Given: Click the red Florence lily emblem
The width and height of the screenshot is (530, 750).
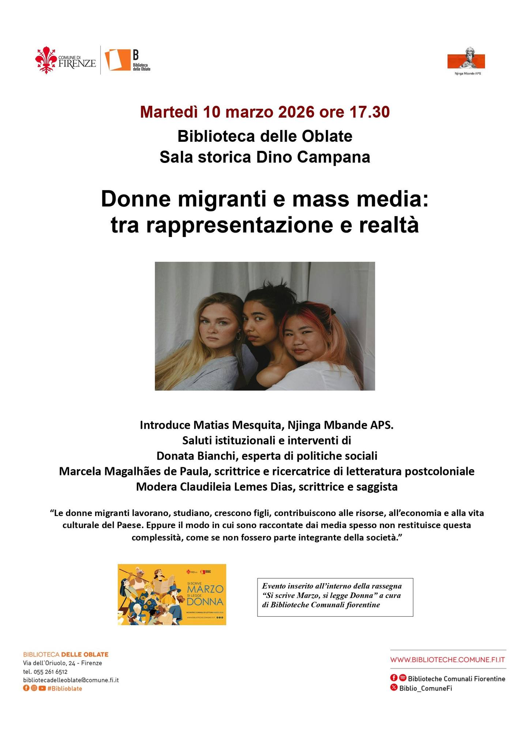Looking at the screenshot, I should (x=45, y=60).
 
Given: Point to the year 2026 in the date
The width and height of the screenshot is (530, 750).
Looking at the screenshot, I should (x=297, y=112).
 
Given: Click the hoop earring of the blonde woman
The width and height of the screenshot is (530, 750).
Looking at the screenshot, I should (x=238, y=336).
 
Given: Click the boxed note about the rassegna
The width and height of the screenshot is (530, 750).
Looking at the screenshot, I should (x=335, y=595).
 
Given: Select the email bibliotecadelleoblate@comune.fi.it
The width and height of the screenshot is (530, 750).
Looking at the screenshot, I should (x=71, y=680).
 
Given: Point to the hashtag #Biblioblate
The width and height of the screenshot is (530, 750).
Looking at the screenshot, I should (x=65, y=688).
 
